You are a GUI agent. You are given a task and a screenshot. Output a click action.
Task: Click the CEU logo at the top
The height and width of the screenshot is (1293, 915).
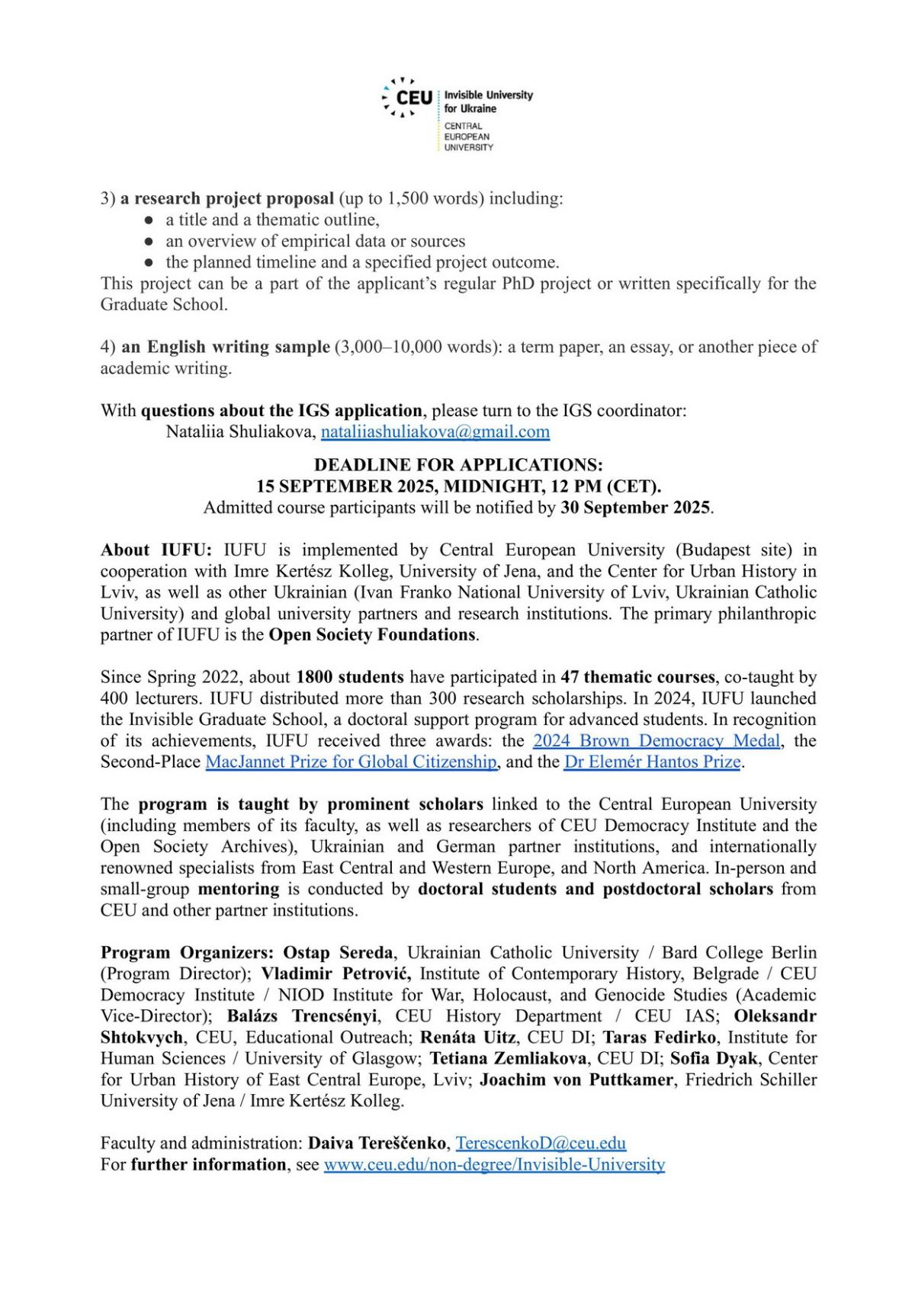click(x=408, y=98)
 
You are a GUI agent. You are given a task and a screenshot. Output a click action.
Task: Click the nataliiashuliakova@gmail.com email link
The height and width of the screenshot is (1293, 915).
click(x=435, y=432)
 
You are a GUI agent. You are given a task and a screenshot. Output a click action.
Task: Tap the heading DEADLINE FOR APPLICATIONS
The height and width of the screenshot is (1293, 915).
click(x=458, y=465)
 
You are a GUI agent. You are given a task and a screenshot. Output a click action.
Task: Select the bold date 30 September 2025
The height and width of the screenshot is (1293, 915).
click(x=636, y=508)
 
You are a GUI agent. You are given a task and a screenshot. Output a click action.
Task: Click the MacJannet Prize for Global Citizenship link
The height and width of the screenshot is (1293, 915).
click(x=352, y=762)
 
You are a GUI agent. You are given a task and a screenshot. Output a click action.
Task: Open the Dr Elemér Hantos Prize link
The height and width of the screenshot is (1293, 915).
click(x=653, y=762)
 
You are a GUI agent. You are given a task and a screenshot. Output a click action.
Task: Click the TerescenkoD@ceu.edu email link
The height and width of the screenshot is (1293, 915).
click(x=541, y=1144)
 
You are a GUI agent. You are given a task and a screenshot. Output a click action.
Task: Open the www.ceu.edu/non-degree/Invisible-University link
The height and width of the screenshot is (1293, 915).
click(x=494, y=1165)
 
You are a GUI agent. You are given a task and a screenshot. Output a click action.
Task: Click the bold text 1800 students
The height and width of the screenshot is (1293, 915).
click(x=350, y=677)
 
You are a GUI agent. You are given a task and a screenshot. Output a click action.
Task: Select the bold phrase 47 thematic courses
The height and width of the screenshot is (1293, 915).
click(x=637, y=677)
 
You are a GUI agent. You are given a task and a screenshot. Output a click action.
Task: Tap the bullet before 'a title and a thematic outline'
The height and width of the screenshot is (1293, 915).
click(x=149, y=220)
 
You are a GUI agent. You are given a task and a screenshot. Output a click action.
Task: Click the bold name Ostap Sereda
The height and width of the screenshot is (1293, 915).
click(x=339, y=953)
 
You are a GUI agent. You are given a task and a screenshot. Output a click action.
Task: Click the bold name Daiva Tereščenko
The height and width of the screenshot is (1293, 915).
click(x=377, y=1144)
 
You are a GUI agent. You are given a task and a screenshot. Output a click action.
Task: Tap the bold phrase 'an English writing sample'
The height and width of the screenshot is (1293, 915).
click(x=226, y=347)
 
